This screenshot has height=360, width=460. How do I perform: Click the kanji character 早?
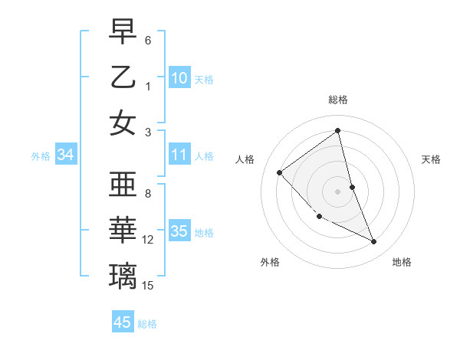(123, 31)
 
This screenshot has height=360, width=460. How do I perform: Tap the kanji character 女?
(123, 123)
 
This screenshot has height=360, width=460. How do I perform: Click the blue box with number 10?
(179, 77)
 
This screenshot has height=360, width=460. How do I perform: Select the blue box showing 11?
(179, 155)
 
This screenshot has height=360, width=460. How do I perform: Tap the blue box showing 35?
(179, 231)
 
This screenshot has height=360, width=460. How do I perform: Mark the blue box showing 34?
(65, 155)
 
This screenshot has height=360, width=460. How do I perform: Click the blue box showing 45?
(122, 322)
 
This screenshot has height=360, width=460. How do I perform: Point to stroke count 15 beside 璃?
(148, 286)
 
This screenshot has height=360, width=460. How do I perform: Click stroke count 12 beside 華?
(148, 240)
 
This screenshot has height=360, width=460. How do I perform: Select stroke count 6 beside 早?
(148, 40)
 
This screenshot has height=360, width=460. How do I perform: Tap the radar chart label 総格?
(338, 100)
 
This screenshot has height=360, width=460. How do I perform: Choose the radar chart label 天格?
(432, 159)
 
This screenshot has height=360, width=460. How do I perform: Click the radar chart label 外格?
(270, 262)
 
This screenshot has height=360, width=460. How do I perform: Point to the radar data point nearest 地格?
(374, 242)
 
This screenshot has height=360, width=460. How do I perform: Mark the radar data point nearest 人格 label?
(280, 172)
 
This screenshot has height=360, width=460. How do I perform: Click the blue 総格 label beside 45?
(147, 324)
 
